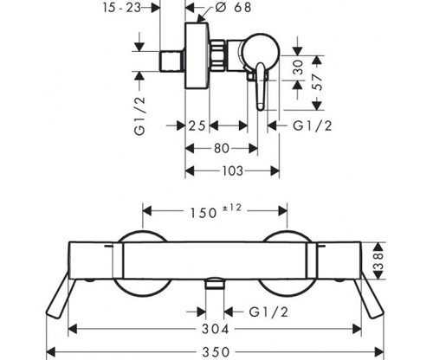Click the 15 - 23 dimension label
point(122,8)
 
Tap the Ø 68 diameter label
point(233,7)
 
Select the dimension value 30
point(298,67)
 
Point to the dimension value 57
point(317,82)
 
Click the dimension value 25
point(197,126)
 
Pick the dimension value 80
point(222,149)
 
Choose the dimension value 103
point(233,171)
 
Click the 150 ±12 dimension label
point(216,211)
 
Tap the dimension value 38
point(378,261)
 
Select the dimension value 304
point(215,329)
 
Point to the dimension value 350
point(216,352)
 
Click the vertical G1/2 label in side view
point(139,116)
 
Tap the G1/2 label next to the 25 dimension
point(313,126)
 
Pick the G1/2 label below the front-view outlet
point(268,312)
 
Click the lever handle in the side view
point(261,87)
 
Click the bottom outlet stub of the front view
point(215,283)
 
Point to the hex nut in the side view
point(217,55)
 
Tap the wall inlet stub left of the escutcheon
point(172,61)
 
